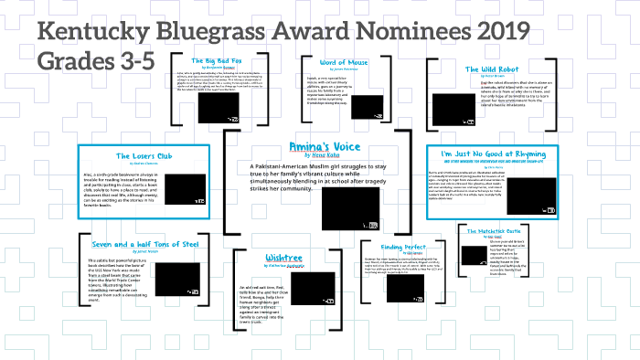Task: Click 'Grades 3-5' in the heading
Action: pyautogui.click(x=96, y=62)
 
